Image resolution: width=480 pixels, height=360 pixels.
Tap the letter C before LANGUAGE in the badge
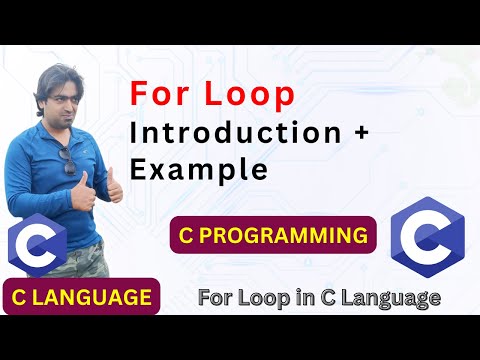pyautogui.click(x=21, y=297)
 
